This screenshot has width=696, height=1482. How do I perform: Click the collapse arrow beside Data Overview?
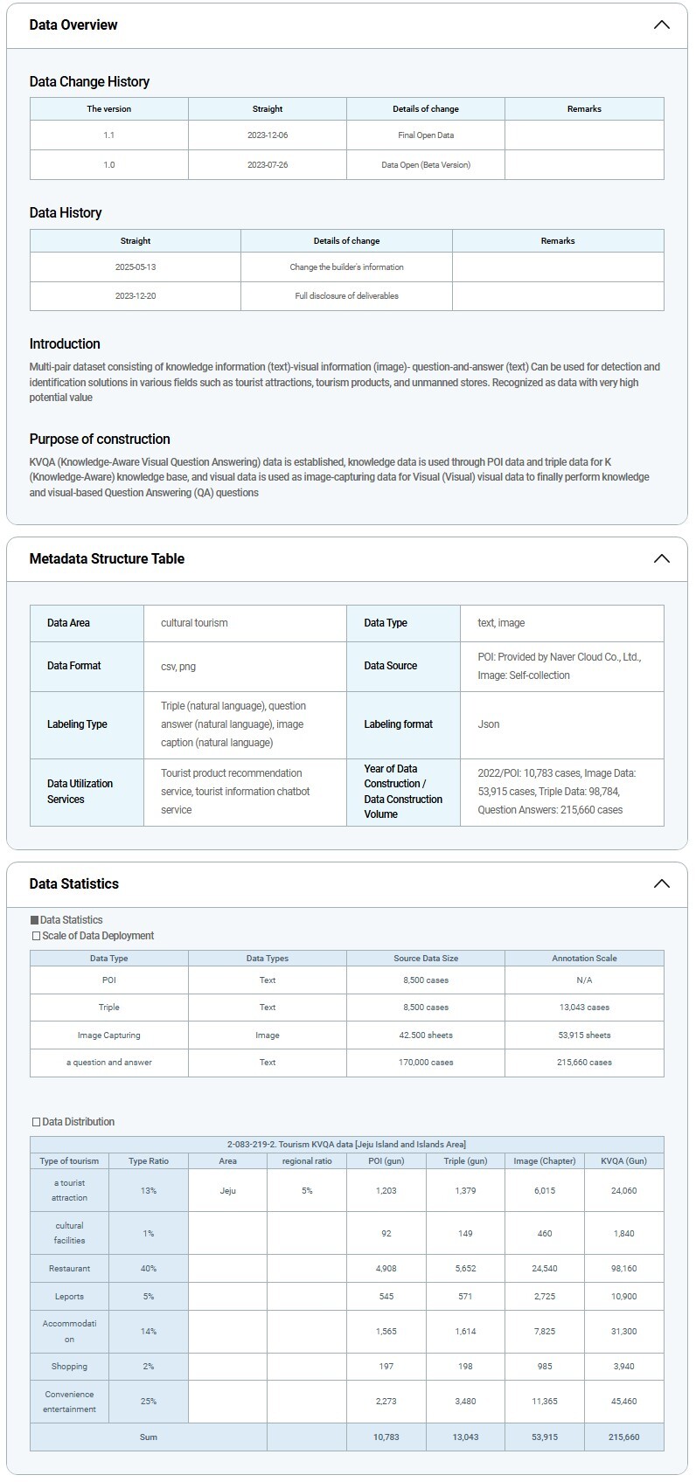pyautogui.click(x=661, y=24)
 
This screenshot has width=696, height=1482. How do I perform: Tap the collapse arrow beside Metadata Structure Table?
pyautogui.click(x=661, y=558)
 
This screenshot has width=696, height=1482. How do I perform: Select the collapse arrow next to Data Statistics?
pyautogui.click(x=661, y=883)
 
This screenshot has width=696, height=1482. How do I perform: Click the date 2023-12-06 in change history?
pyautogui.click(x=268, y=135)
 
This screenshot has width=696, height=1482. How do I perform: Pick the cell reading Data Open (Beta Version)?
pyautogui.click(x=426, y=164)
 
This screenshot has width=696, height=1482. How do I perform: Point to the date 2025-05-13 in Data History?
pyautogui.click(x=136, y=267)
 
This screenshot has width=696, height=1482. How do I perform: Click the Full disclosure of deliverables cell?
pyautogui.click(x=346, y=296)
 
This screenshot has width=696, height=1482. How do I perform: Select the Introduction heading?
pyautogui.click(x=65, y=343)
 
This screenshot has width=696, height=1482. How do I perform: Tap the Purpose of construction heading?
pyautogui.click(x=100, y=439)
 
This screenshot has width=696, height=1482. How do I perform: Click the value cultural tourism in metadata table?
pyautogui.click(x=194, y=623)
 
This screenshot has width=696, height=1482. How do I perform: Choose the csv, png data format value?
pyautogui.click(x=178, y=666)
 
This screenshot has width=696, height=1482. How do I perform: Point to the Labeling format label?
pyautogui.click(x=399, y=724)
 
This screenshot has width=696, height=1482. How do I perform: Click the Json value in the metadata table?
pyautogui.click(x=489, y=724)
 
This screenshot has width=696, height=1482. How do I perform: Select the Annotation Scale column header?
pyautogui.click(x=584, y=959)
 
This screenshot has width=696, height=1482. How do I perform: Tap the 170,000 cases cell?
pyautogui.click(x=426, y=1063)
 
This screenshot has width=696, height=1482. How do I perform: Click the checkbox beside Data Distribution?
pyautogui.click(x=36, y=1122)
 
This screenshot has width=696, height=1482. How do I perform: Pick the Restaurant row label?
pyautogui.click(x=70, y=1268)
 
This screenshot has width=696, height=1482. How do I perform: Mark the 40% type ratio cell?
pyautogui.click(x=149, y=1268)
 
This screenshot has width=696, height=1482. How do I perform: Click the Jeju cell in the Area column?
pyautogui.click(x=227, y=1190)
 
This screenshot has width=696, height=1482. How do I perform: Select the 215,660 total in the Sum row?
pyautogui.click(x=623, y=1437)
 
